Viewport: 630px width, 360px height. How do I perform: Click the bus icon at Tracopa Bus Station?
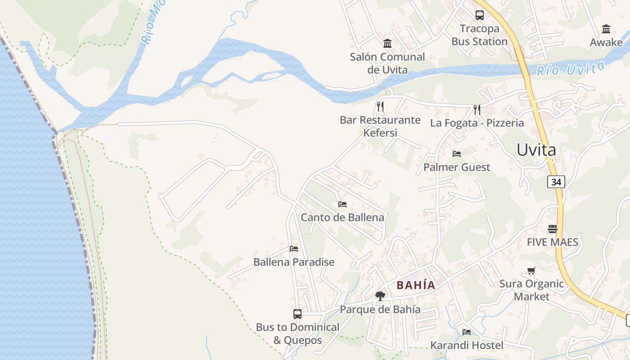click(x=480, y=15)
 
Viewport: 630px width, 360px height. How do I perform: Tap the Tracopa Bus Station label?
click(x=480, y=35)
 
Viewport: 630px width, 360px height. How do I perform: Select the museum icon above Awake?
click(x=606, y=29)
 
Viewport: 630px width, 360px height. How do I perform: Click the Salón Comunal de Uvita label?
click(x=387, y=63)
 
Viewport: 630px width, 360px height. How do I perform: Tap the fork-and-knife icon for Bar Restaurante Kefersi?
click(x=380, y=106)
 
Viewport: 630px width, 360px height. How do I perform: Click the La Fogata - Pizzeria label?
click(x=477, y=123)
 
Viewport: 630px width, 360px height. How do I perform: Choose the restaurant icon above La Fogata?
click(x=477, y=109)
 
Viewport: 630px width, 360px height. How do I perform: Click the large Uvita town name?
click(x=536, y=150)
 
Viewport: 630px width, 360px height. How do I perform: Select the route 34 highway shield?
click(x=556, y=182)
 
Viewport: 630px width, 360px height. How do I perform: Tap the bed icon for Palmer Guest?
click(x=457, y=154)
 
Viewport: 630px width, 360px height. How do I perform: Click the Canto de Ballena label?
click(x=342, y=217)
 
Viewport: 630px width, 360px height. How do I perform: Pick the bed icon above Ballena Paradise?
click(x=294, y=248)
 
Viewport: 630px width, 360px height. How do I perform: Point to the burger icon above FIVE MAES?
click(x=553, y=229)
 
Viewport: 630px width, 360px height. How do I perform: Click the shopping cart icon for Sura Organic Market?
click(x=531, y=271)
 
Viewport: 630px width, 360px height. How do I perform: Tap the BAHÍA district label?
click(x=416, y=285)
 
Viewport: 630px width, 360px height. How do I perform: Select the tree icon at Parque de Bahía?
click(x=380, y=296)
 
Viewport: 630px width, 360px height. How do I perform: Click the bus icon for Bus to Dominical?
click(x=297, y=314)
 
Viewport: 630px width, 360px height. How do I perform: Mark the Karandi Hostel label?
click(x=467, y=346)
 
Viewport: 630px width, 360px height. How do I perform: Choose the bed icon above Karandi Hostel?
click(x=467, y=332)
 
